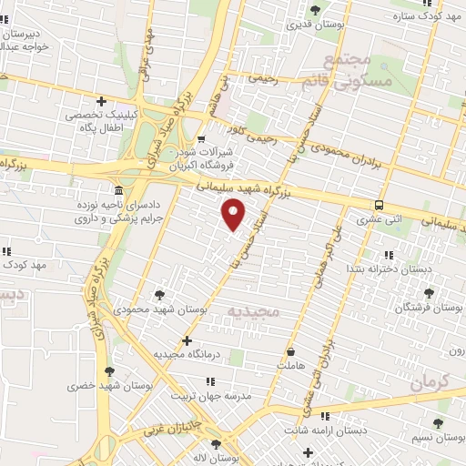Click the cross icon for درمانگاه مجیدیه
[x=187, y=341]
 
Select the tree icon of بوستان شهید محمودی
[x=160, y=294]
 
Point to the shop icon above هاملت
[x=290, y=350]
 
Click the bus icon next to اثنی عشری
[x=378, y=205]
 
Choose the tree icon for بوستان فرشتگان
[x=429, y=293]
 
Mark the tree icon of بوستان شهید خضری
[x=110, y=371]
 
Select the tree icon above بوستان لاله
[x=216, y=443]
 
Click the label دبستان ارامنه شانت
[x=349, y=429]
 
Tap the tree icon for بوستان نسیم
[x=439, y=423]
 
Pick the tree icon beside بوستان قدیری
[x=315, y=10]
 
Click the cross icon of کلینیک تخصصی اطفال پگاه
[x=101, y=102]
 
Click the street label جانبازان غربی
[x=167, y=424]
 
